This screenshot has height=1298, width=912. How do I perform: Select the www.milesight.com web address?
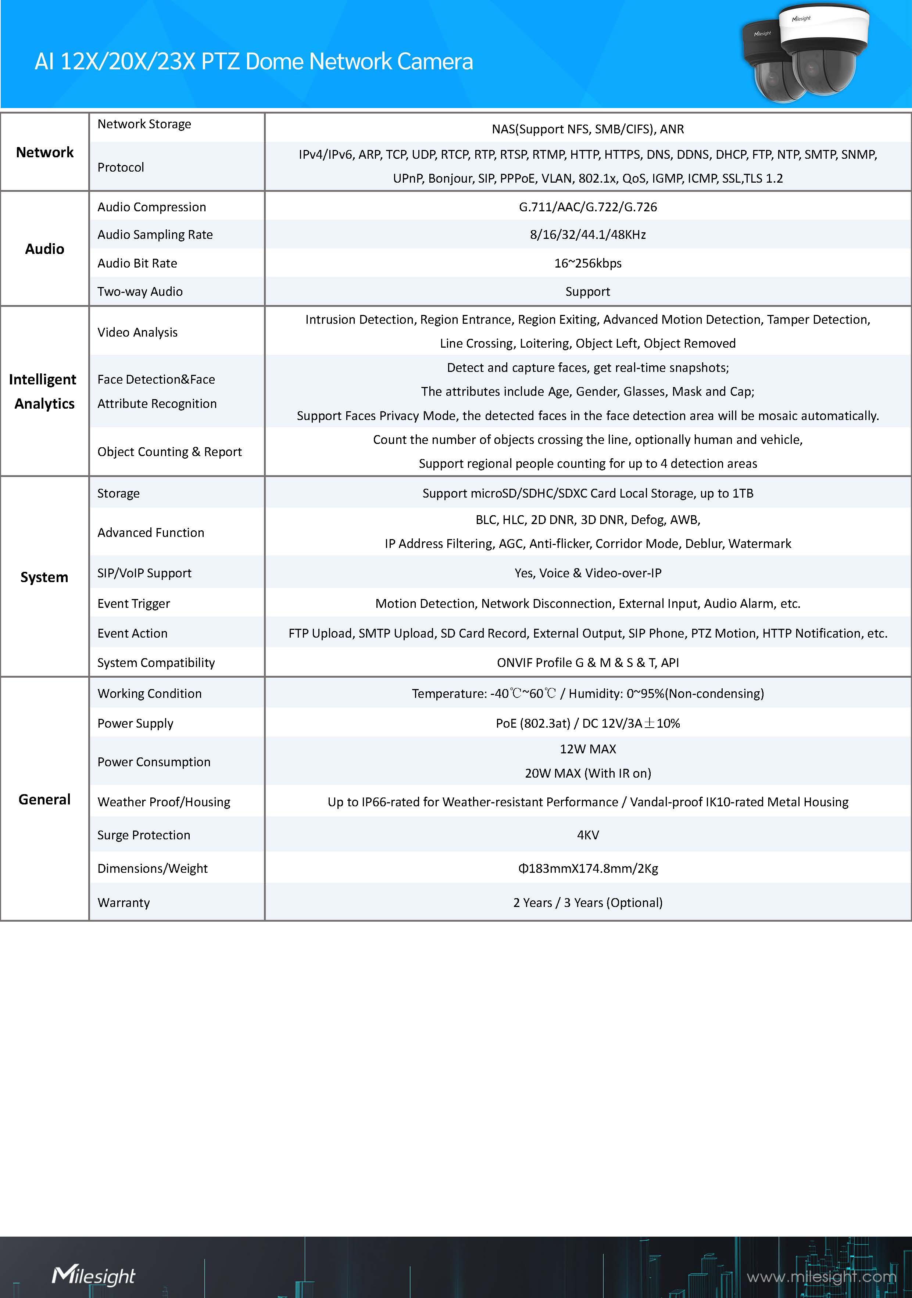pyautogui.click(x=821, y=1277)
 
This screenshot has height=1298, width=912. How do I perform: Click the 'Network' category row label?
pyautogui.click(x=45, y=152)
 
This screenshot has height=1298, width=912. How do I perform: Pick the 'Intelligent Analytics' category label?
pyautogui.click(x=43, y=391)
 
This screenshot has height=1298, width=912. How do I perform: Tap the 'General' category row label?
pyautogui.click(x=45, y=799)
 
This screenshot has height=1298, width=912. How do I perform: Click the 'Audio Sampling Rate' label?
pyautogui.click(x=155, y=234)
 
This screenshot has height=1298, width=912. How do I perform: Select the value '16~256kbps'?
pyautogui.click(x=587, y=263)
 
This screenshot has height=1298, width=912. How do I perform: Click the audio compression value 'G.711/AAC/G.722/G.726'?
pyautogui.click(x=587, y=207)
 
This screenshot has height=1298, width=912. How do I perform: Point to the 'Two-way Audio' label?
pyautogui.click(x=140, y=292)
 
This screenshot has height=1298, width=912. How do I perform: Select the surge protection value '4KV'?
pyautogui.click(x=587, y=835)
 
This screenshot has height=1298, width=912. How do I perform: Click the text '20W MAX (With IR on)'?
pyautogui.click(x=587, y=773)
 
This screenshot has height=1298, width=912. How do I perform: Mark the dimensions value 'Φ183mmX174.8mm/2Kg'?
pyautogui.click(x=587, y=868)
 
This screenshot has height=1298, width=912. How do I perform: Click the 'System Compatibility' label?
pyautogui.click(x=156, y=663)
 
